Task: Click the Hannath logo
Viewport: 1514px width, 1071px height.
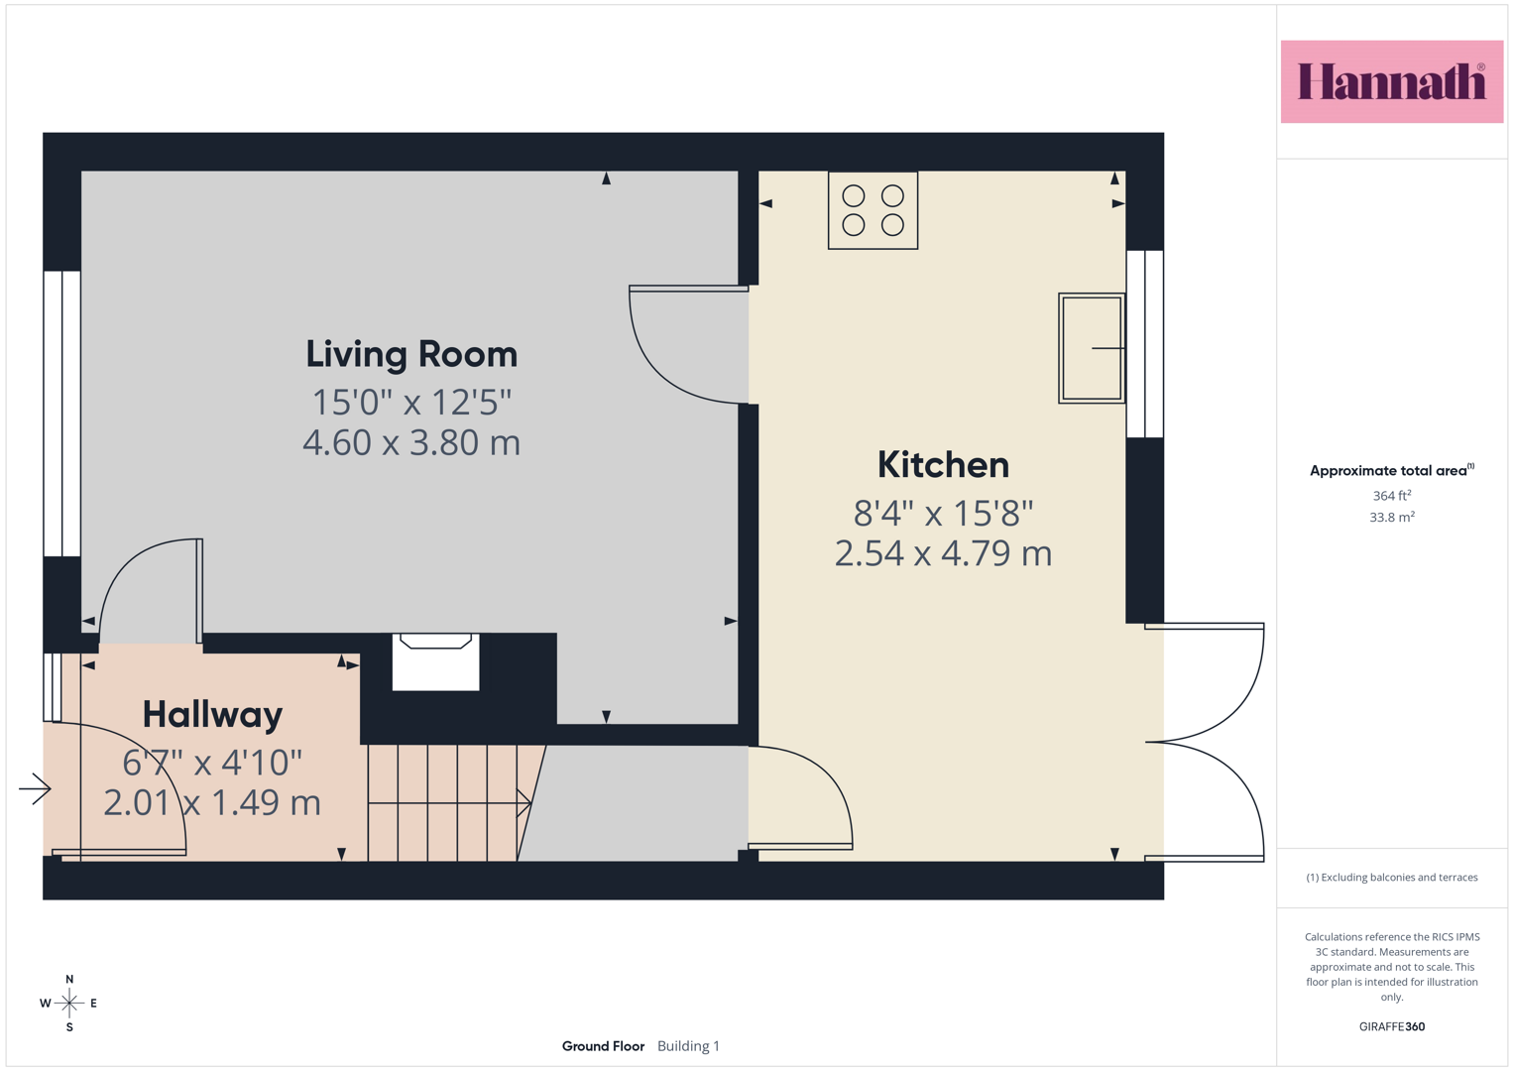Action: (1392, 81)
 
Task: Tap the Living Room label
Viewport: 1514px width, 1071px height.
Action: (411, 354)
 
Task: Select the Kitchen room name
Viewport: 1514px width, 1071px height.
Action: (943, 465)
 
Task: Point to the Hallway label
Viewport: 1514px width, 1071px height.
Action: (212, 715)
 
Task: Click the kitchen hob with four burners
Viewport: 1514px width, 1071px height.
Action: (873, 210)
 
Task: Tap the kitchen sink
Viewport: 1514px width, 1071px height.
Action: (1092, 348)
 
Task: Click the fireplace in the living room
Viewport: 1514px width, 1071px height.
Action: (436, 662)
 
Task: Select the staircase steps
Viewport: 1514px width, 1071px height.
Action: (449, 803)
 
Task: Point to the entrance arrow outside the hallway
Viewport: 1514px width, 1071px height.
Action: (35, 788)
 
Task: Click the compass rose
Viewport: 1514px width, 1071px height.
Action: (69, 1003)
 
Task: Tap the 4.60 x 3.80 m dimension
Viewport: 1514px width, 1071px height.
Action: (411, 443)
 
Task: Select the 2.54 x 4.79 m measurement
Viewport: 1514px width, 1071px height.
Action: (943, 553)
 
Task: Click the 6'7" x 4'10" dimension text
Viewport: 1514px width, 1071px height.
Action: (212, 763)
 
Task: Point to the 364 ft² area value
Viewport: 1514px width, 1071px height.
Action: (1392, 496)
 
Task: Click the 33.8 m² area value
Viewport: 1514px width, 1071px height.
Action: (1392, 518)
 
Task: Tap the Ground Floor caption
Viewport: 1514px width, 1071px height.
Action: (603, 1046)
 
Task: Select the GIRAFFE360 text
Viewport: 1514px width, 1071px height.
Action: (1392, 1026)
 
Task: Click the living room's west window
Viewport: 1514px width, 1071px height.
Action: (62, 414)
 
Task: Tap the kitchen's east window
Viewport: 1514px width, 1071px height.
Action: (1145, 344)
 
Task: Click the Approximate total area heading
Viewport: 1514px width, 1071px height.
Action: (1392, 470)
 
